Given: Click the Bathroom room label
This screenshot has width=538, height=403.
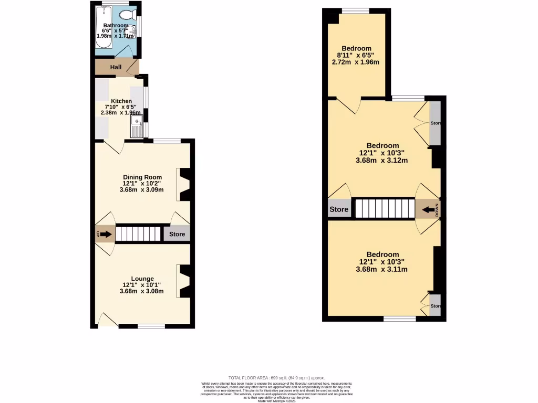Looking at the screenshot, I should [x=115, y=25].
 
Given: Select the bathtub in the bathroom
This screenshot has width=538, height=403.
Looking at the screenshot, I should [x=104, y=29].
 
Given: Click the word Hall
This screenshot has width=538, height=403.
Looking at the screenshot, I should [x=116, y=68].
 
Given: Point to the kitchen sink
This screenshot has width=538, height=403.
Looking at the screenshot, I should [x=136, y=128].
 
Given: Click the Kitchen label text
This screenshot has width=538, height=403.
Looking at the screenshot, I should [x=121, y=101].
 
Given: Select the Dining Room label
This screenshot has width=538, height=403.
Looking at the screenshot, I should [x=142, y=177].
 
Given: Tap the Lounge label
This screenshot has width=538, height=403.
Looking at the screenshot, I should [x=142, y=279].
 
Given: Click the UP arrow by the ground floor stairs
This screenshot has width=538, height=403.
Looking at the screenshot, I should [x=105, y=234].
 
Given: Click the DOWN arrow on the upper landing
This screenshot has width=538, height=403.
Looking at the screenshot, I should [x=427, y=209].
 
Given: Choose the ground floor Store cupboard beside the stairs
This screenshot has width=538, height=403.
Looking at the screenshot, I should [x=177, y=234].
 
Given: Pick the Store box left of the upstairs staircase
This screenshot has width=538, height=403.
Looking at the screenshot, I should [x=339, y=209].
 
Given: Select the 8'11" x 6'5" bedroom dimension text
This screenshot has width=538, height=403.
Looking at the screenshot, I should [x=356, y=55].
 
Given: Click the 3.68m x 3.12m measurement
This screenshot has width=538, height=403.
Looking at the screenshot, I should [x=382, y=161].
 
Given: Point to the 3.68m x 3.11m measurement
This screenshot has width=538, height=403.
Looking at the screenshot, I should [x=382, y=269].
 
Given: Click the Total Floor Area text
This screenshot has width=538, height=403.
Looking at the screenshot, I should [x=276, y=378].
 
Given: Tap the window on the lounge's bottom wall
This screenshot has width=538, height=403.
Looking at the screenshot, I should [x=151, y=326].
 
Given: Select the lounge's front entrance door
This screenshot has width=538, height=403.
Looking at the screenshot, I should [x=108, y=320].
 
